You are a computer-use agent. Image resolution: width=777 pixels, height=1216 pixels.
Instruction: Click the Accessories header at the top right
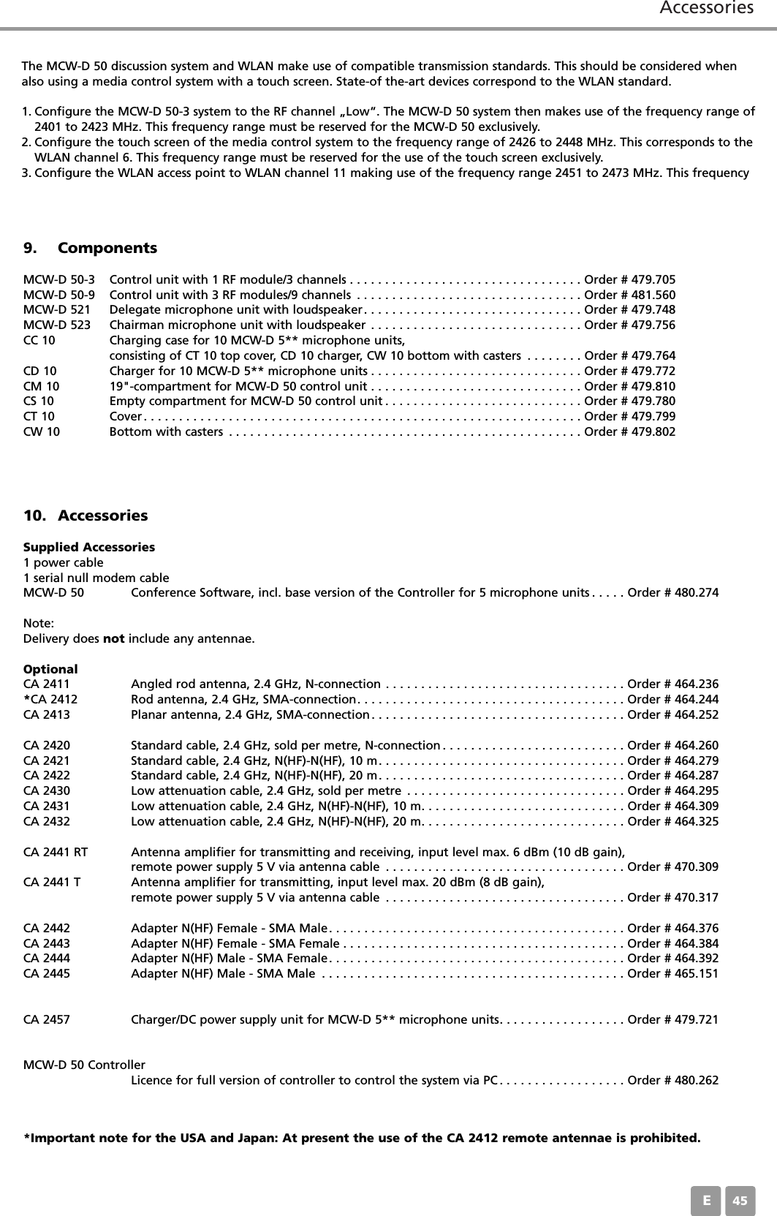(x=706, y=9)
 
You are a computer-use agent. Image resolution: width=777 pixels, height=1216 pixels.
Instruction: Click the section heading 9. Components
(x=90, y=248)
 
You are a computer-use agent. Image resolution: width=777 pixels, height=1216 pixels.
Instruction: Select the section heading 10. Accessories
(x=86, y=516)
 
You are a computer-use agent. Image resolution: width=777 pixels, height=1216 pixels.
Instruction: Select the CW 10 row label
(x=42, y=431)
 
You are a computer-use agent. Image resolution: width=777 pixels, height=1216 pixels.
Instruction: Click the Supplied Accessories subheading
(x=89, y=547)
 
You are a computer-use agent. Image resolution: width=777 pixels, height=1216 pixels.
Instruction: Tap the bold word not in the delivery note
(x=113, y=639)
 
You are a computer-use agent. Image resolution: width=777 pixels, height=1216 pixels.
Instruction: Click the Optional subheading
(x=50, y=669)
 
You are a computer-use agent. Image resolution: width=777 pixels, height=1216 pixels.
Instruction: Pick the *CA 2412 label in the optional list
(x=50, y=699)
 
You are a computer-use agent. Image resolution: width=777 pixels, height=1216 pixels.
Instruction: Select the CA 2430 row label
(x=47, y=790)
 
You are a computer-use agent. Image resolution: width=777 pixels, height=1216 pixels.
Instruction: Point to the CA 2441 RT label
(x=56, y=852)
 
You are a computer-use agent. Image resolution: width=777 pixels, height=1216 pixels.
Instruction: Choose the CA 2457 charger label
(x=47, y=1019)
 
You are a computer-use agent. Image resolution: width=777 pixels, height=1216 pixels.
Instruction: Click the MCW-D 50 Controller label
(x=84, y=1065)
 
